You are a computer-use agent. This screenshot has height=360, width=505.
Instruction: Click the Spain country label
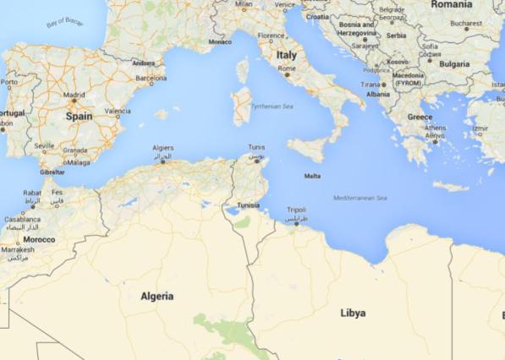79,116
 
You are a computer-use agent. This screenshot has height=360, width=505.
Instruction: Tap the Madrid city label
74,95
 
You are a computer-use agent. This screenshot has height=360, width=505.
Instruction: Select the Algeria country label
157,296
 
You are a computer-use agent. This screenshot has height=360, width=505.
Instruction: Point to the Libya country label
353,313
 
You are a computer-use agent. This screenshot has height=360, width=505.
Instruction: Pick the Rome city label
287,68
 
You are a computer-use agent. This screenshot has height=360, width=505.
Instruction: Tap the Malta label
312,176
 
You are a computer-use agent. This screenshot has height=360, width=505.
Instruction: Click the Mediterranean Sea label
360,198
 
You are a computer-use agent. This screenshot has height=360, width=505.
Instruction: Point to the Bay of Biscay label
64,22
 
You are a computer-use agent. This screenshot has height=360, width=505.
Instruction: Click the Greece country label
420,117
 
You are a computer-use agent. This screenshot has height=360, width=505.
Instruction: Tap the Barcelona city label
151,78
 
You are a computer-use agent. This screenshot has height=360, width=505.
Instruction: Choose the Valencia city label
118,111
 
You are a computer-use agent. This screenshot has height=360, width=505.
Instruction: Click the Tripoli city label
296,209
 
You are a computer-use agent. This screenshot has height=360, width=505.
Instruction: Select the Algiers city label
163,147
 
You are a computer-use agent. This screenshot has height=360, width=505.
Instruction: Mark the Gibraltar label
52,171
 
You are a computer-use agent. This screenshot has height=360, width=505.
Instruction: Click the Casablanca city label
21,219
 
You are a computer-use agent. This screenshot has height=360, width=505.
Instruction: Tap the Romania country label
451,4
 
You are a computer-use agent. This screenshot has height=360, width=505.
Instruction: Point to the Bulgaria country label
453,63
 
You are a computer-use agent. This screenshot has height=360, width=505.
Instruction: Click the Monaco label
220,41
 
